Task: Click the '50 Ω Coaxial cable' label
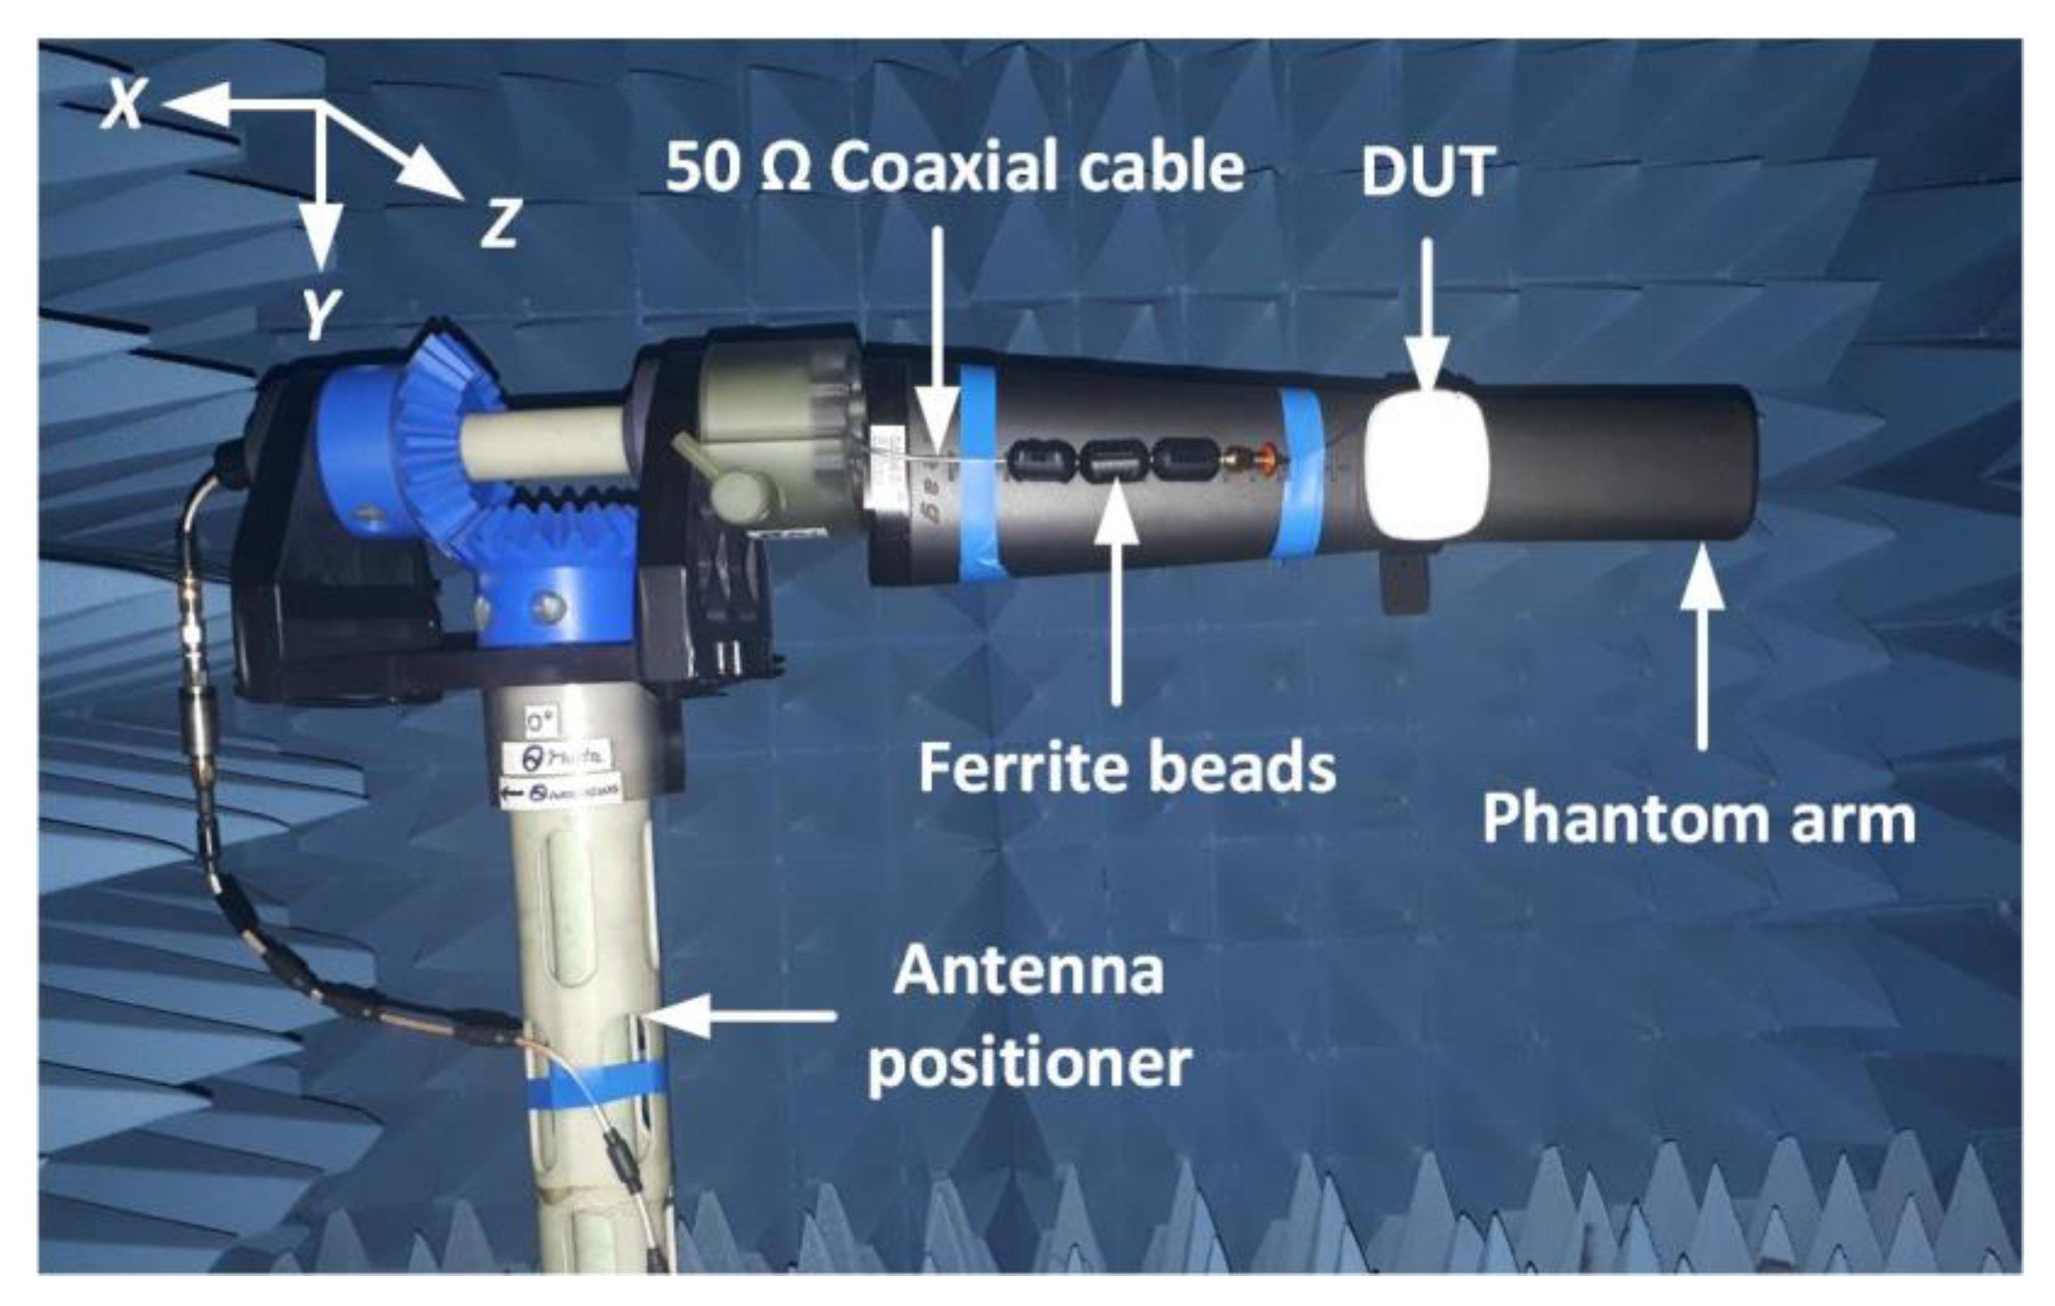[x=954, y=168]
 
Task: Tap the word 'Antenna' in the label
[x=1029, y=971]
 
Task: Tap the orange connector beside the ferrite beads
[x=1269, y=459]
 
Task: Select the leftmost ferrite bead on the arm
[x=1040, y=461]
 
